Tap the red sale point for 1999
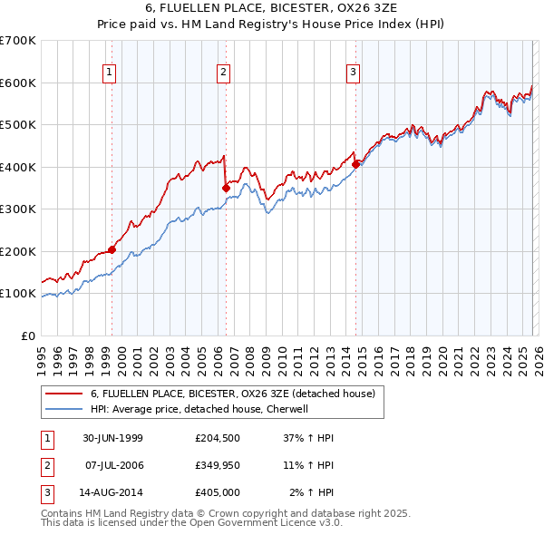click(112, 249)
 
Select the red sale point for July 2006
click(226, 188)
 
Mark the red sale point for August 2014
click(356, 164)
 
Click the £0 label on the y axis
click(28, 336)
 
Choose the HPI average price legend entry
click(199, 409)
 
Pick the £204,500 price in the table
click(218, 437)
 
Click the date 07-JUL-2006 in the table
click(113, 465)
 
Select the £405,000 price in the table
click(218, 493)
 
